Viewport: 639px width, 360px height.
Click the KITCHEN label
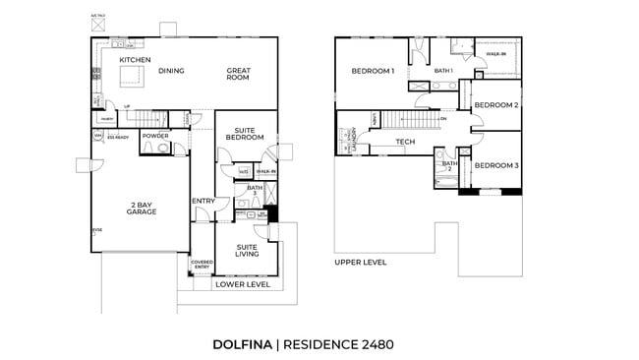135,60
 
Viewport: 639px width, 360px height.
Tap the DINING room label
171,70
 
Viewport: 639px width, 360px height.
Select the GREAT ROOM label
240,74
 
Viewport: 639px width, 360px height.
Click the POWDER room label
155,136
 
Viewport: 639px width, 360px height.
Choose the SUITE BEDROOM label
245,133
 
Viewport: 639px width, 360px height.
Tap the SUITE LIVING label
247,250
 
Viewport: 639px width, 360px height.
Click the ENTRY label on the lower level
203,202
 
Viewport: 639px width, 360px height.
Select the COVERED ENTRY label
201,265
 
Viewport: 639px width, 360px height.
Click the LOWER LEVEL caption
242,284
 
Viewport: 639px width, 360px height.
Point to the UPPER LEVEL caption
360,263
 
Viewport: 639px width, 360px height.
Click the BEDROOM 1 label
373,71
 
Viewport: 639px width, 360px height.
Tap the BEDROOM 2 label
495,105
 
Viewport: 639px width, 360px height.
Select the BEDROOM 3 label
495,165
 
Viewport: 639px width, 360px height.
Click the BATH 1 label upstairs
443,71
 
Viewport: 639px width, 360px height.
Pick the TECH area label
405,143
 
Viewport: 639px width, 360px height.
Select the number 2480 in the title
376,344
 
